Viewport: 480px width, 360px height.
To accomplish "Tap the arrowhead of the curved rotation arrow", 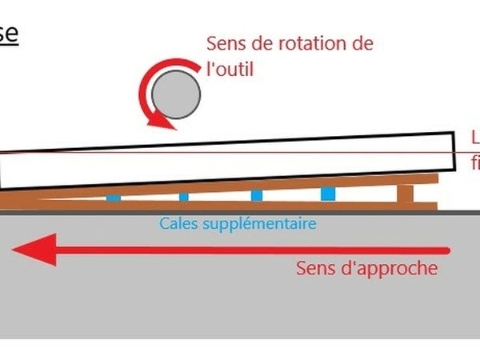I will click(x=164, y=122).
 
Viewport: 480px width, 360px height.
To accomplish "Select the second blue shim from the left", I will click(x=184, y=197).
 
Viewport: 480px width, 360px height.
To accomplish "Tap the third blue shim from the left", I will click(x=256, y=195).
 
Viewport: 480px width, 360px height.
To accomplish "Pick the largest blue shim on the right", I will click(x=328, y=194).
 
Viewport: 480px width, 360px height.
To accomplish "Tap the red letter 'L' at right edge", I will click(x=474, y=136).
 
